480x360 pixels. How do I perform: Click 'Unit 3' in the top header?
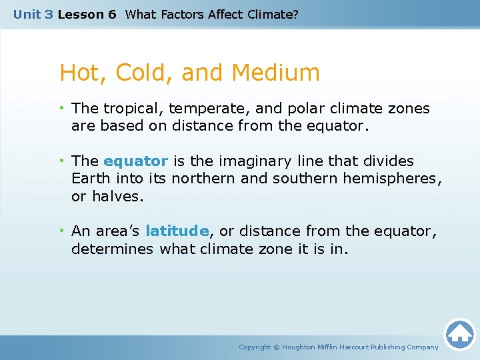33,14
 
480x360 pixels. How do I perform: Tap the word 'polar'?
304,108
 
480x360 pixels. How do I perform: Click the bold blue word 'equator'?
136,161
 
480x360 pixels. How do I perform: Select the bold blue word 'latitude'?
177,231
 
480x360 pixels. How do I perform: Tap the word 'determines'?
113,249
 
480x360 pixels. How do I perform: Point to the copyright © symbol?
277,347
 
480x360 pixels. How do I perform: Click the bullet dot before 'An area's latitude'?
62,231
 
